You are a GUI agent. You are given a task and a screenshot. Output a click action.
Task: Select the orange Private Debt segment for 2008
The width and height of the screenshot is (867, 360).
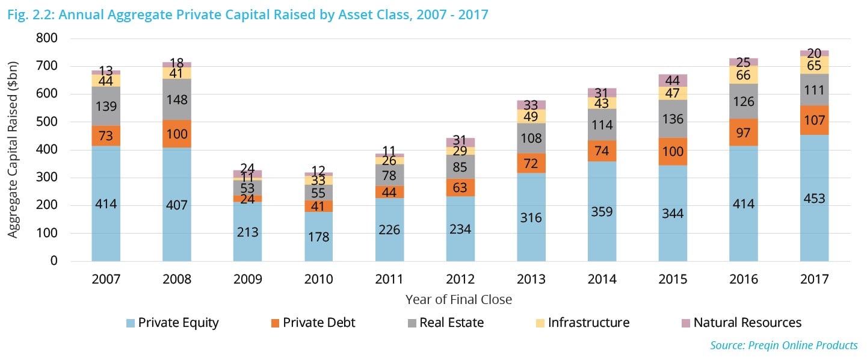(177, 134)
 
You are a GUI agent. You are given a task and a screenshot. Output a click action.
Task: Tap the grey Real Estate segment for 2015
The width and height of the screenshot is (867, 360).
(673, 119)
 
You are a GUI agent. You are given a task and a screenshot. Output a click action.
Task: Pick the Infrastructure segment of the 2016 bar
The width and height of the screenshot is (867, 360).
(744, 74)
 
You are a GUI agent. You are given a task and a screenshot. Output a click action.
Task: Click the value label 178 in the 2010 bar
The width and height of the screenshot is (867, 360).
(318, 236)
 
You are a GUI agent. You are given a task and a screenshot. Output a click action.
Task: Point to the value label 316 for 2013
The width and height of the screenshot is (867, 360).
(531, 217)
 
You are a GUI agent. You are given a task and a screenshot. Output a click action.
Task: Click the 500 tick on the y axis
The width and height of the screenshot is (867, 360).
(46, 122)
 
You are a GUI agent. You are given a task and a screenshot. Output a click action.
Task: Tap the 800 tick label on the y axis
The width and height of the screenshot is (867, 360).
(46, 38)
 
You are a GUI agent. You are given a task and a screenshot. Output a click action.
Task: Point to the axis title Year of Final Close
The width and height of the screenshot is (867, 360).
(458, 299)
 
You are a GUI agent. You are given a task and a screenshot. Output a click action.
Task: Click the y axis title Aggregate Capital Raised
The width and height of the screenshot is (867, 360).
(13, 149)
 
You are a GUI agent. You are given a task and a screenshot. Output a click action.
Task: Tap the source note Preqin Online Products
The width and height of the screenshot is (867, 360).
(784, 345)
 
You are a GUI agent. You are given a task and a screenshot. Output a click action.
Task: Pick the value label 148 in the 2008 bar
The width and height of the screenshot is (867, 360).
(177, 101)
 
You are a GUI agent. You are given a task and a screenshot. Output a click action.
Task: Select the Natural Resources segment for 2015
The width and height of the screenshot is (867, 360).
(673, 81)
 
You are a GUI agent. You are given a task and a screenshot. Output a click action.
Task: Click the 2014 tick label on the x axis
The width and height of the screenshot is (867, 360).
(602, 279)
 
